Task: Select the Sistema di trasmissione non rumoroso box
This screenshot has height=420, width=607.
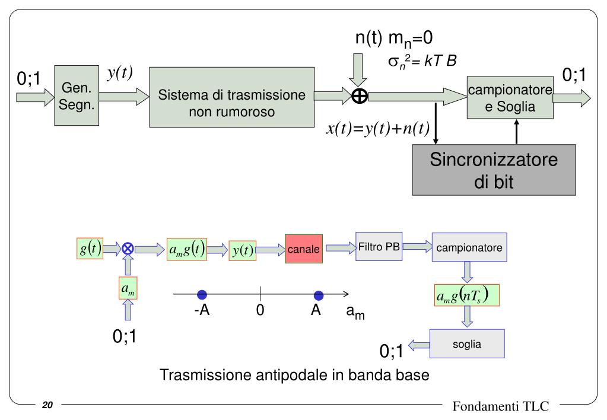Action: click(231, 96)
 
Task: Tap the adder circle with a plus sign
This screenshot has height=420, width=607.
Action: click(360, 96)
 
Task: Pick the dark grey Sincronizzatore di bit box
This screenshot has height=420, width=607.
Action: click(494, 170)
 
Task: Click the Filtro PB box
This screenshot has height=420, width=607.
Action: click(379, 247)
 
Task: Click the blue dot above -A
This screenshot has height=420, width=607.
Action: click(202, 295)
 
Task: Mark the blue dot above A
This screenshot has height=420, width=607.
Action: click(319, 295)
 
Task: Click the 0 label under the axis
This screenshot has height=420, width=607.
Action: click(260, 311)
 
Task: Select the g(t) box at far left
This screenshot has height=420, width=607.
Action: click(89, 249)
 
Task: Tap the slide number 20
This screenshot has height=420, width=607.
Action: click(48, 406)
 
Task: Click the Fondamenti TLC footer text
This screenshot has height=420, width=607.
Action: click(501, 406)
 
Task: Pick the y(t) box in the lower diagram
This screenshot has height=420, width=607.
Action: click(242, 250)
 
